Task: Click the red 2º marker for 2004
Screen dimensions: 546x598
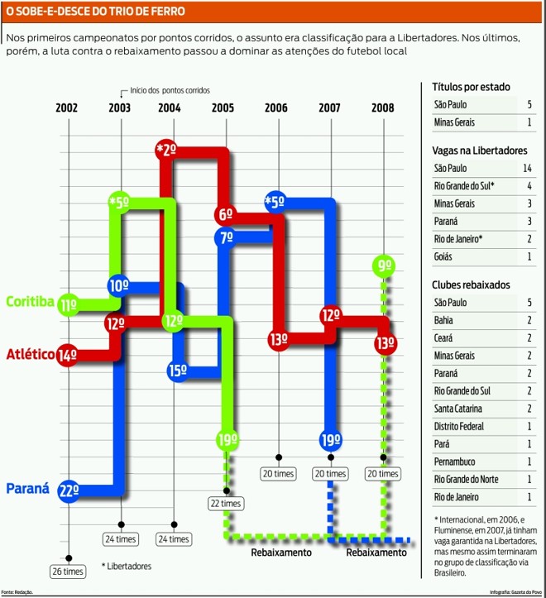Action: click(166, 150)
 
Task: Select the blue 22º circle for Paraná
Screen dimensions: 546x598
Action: click(69, 490)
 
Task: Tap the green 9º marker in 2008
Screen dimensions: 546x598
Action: click(384, 266)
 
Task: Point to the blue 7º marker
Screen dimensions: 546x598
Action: click(226, 237)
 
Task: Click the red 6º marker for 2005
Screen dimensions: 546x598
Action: click(225, 214)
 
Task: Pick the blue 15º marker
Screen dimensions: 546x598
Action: click(178, 370)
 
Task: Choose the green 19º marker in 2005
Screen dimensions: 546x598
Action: click(227, 440)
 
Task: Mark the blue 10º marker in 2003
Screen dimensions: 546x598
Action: click(118, 285)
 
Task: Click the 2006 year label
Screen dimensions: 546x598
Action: click(275, 108)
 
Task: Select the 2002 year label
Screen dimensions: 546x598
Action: click(66, 108)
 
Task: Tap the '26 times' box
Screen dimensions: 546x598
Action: click(68, 572)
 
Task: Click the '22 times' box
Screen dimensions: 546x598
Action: click(226, 504)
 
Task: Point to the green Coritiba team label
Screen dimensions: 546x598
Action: click(30, 301)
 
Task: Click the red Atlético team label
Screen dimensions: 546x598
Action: click(31, 354)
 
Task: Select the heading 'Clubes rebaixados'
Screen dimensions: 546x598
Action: click(471, 285)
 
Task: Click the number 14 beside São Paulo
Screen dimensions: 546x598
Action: click(527, 168)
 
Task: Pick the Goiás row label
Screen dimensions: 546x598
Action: click(443, 256)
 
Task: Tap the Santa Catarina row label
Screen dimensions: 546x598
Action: click(457, 409)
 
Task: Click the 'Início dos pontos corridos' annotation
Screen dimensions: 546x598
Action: click(170, 90)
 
